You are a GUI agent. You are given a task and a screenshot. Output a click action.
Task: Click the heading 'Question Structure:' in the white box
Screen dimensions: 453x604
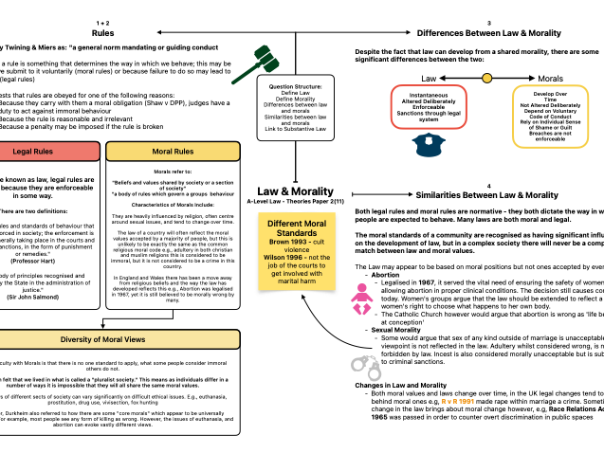(295, 86)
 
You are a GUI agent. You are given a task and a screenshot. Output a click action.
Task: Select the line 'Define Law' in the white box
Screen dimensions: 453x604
(295, 93)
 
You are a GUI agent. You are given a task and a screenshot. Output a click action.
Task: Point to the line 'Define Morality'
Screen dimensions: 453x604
(295, 99)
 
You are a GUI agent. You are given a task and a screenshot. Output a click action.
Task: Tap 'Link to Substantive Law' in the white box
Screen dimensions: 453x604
(295, 129)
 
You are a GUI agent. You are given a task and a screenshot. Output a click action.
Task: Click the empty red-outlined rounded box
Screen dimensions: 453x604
(429, 107)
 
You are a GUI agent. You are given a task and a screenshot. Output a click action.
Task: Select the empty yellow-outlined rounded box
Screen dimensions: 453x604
(550, 117)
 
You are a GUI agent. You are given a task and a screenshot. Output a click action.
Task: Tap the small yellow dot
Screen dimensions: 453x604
(487, 78)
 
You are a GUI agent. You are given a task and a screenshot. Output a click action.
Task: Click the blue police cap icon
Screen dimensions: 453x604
(429, 145)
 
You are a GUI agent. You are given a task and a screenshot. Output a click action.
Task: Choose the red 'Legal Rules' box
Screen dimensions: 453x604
(48, 152)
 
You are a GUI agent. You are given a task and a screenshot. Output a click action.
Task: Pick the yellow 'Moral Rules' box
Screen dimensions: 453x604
(173, 152)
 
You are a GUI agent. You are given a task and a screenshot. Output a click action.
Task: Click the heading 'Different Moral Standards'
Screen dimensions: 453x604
(296, 228)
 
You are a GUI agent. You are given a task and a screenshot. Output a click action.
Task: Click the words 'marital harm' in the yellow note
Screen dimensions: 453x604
(296, 281)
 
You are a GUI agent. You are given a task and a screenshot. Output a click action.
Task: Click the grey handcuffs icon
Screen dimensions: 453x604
(367, 368)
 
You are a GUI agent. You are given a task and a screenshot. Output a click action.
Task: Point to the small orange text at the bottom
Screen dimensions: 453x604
(457, 402)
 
